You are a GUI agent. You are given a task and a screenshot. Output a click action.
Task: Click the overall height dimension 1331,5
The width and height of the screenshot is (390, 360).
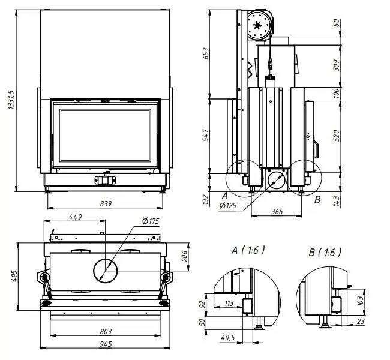(x=11, y=100)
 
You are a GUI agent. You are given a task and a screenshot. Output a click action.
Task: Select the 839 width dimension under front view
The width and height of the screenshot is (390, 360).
(x=106, y=204)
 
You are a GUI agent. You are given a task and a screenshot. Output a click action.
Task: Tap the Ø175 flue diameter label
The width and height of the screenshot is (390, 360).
(x=151, y=221)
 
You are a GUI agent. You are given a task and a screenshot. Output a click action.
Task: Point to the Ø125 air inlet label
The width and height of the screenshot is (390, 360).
(x=228, y=206)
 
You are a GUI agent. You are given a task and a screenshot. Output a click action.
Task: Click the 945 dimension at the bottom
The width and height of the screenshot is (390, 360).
(x=106, y=344)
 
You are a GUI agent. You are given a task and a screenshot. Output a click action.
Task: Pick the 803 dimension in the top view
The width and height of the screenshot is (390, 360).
(x=106, y=331)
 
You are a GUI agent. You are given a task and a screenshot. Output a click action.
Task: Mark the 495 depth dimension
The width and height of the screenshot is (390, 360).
(x=14, y=276)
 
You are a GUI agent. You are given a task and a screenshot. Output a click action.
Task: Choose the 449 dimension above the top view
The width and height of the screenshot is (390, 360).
(x=76, y=217)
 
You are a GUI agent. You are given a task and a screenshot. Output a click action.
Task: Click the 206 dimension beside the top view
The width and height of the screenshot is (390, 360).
(x=184, y=256)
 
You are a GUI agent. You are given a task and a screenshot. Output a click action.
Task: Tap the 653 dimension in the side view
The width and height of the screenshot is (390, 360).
(x=206, y=53)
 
